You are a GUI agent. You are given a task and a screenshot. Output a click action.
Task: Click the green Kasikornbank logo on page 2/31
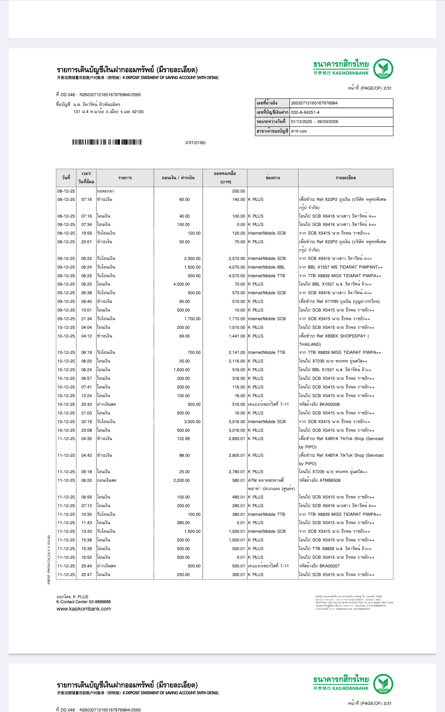click(x=383, y=69)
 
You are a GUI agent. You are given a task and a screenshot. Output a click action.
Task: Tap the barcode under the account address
click(x=107, y=142)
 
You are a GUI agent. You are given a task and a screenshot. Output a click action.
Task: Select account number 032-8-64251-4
click(x=305, y=112)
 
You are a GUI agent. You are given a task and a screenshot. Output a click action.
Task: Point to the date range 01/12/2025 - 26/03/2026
click(x=314, y=122)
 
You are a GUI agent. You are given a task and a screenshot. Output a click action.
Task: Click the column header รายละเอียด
click(x=345, y=178)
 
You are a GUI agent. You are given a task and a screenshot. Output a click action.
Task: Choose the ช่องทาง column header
click(x=273, y=178)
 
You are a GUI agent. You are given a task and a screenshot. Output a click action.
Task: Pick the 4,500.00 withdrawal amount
click(x=181, y=284)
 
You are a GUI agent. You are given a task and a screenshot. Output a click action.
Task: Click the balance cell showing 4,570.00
click(x=237, y=276)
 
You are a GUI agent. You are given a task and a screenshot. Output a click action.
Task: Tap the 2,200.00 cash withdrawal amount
click(x=181, y=481)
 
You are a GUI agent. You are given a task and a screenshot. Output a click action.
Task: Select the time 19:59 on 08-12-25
click(x=87, y=233)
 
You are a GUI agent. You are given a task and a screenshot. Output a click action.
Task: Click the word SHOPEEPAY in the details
click(x=353, y=336)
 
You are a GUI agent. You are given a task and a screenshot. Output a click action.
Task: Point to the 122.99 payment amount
click(x=183, y=439)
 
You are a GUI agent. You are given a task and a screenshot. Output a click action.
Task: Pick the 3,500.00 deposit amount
click(x=192, y=422)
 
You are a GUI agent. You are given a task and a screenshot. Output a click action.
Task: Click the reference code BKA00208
click(x=329, y=404)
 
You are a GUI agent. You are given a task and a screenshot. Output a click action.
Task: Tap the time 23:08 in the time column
click(x=87, y=430)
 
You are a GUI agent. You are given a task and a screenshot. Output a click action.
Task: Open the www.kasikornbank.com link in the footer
click(x=83, y=609)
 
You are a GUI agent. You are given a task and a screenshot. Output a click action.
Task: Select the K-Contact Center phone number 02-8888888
click(x=100, y=602)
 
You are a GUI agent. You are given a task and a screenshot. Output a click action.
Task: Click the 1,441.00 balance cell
click(x=237, y=336)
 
